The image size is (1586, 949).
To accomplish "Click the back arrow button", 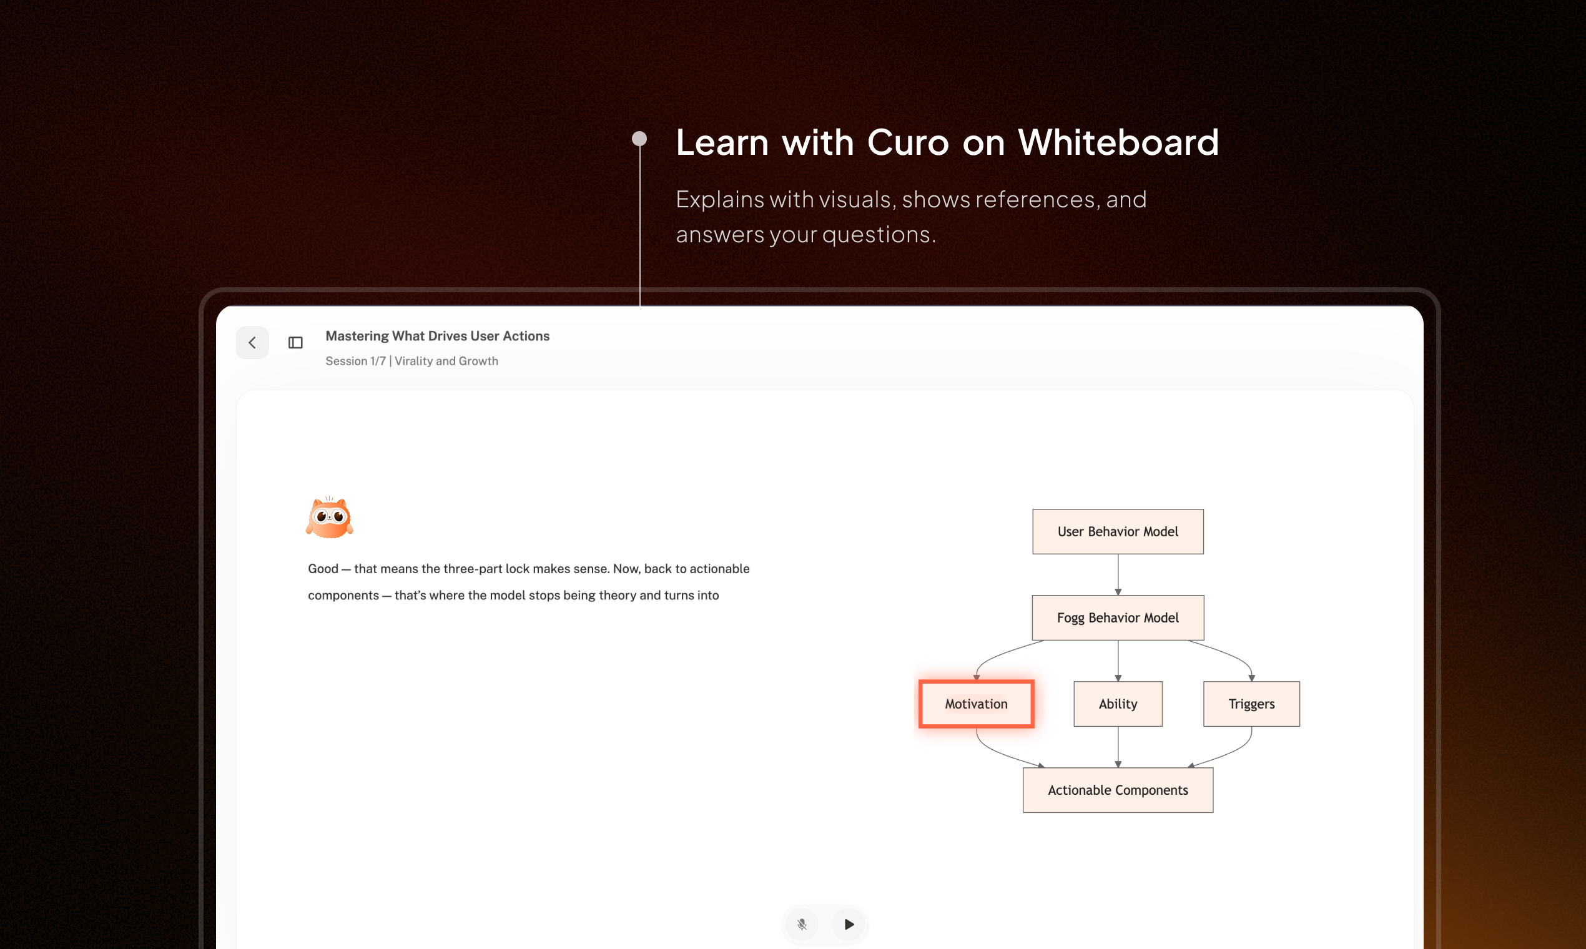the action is click(252, 343).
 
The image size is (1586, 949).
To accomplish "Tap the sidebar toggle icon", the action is click(295, 343).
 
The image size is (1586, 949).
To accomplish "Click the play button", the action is click(849, 924).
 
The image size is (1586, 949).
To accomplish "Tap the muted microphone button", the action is click(802, 924).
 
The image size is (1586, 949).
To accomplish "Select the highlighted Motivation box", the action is click(976, 704).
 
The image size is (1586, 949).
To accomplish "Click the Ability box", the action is click(1118, 704).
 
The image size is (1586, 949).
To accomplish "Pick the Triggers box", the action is click(1251, 704).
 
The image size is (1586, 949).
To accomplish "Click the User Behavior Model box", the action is click(1118, 531).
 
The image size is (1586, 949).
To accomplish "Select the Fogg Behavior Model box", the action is click(1118, 617).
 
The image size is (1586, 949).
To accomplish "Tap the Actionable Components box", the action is click(1118, 790).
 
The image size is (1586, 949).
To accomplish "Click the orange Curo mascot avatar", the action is click(329, 517).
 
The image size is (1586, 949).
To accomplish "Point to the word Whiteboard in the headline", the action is click(1118, 142).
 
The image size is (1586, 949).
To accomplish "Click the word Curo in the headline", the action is click(908, 142).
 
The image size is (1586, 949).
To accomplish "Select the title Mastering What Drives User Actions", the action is click(438, 336).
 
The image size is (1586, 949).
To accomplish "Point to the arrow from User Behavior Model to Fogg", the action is click(1118, 575).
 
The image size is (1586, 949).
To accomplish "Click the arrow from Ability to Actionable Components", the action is click(1118, 747).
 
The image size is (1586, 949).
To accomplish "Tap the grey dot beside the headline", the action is click(639, 139).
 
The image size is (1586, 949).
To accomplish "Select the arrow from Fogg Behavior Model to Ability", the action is click(1118, 661).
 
